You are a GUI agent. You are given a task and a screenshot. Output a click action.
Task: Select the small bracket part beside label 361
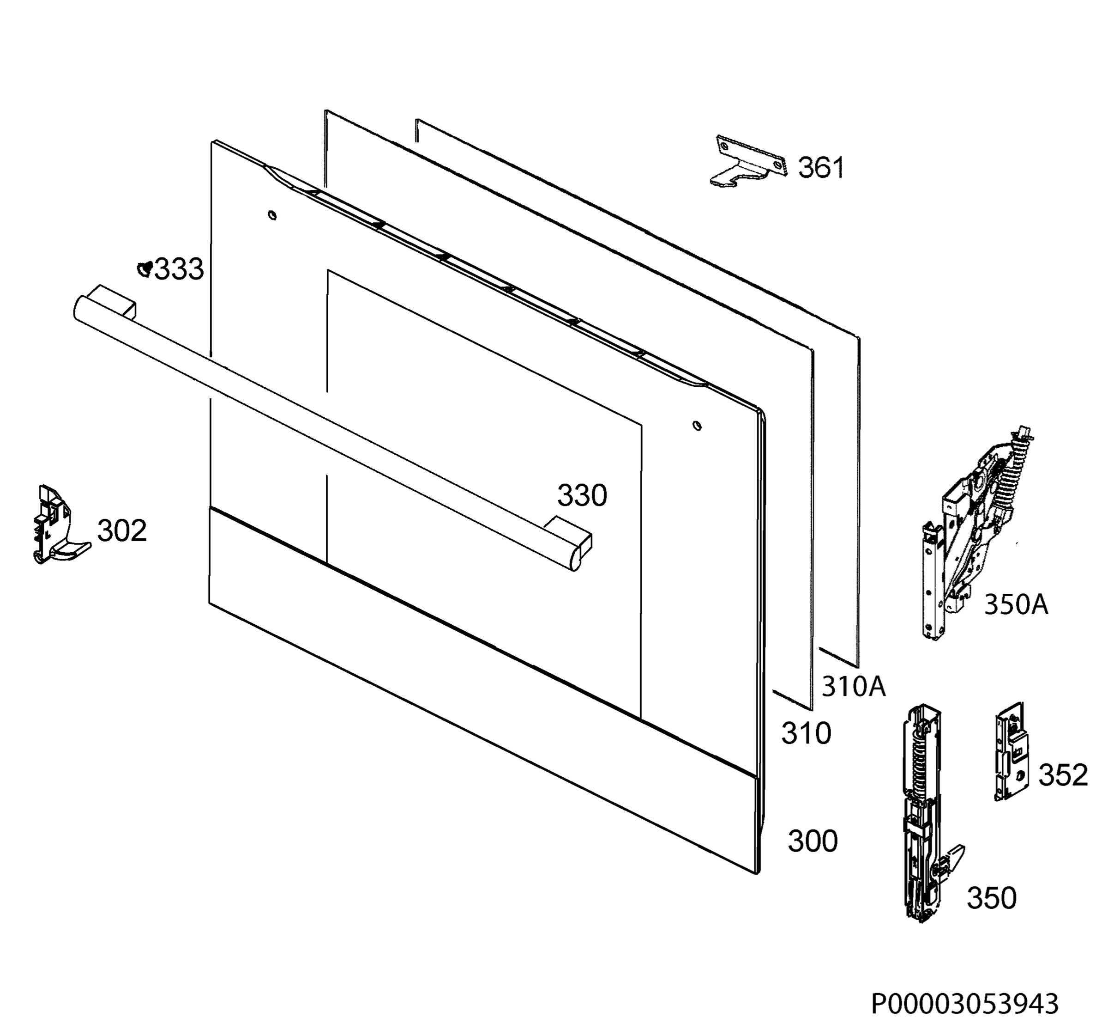click(747, 161)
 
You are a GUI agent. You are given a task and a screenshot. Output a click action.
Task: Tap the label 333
click(179, 270)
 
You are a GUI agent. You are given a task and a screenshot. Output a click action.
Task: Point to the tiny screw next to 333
click(145, 269)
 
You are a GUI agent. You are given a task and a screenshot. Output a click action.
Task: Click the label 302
click(122, 531)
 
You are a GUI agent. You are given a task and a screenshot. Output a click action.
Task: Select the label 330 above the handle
click(582, 495)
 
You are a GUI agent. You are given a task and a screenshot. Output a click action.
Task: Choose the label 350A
click(1016, 604)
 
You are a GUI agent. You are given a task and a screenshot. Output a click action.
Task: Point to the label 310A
click(853, 687)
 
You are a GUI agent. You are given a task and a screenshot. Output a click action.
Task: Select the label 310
click(806, 734)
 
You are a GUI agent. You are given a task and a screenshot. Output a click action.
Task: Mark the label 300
click(813, 841)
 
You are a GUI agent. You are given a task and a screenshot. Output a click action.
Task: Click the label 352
click(1063, 775)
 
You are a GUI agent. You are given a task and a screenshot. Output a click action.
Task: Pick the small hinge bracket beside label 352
click(1011, 751)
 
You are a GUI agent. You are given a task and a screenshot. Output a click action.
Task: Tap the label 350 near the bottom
click(992, 914)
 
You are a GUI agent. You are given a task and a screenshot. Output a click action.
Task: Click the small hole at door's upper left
click(272, 215)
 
